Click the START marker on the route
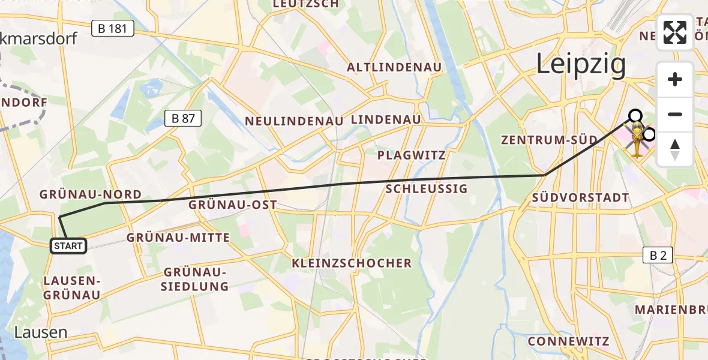pos(68,245)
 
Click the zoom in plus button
pos(675,79)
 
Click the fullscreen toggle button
pos(675,32)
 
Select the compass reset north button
pos(675,149)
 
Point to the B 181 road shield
pos(112,28)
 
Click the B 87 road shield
pos(182,118)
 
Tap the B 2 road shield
pos(658,255)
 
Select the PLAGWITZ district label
pos(412,155)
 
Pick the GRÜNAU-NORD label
pos(90,194)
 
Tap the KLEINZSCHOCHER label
pos(352,263)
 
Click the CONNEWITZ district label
pos(568,341)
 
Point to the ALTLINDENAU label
pos(394,67)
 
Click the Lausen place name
pos(41,332)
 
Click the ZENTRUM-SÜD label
pos(550,140)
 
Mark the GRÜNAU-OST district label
pos(233,205)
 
